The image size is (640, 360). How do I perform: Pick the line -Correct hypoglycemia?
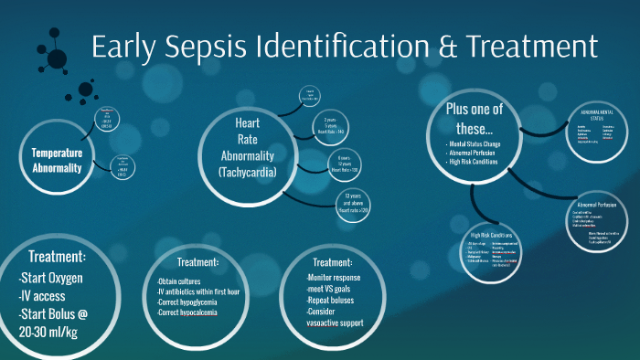[x=192, y=302]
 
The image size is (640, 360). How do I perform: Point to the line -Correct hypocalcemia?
[x=192, y=313]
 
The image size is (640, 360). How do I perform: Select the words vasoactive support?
[x=337, y=323]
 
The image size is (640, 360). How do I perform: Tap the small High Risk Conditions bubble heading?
[x=490, y=235]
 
